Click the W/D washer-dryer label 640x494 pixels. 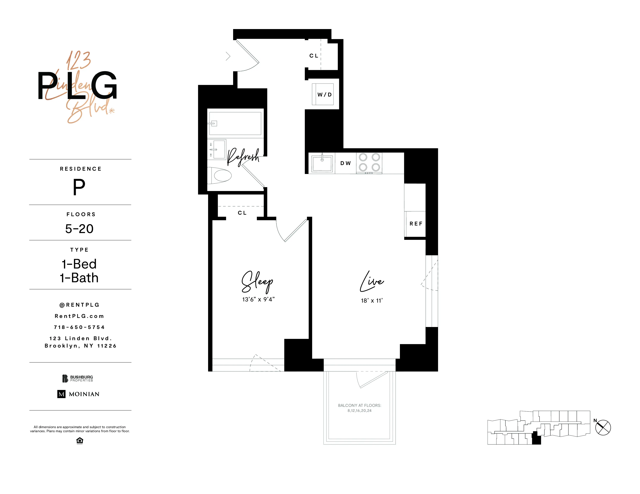pyautogui.click(x=324, y=95)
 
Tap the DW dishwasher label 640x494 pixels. pyautogui.click(x=345, y=163)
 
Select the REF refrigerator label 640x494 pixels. pyautogui.click(x=416, y=224)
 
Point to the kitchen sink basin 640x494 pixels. pyautogui.click(x=322, y=163)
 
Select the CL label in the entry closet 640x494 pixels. pyautogui.click(x=314, y=56)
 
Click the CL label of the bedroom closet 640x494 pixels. pyautogui.click(x=242, y=213)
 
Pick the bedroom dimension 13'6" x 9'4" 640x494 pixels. pyautogui.click(x=258, y=299)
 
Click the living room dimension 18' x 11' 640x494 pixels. pyautogui.click(x=372, y=300)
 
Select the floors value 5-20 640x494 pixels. pyautogui.click(x=79, y=229)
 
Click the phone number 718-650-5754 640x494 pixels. pyautogui.click(x=79, y=327)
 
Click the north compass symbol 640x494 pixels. pyautogui.click(x=603, y=428)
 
